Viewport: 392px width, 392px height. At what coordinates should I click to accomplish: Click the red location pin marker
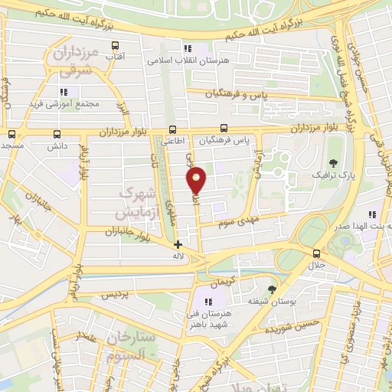197,180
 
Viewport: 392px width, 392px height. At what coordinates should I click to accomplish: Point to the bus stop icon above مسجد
11,133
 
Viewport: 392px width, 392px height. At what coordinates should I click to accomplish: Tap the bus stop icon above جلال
315,253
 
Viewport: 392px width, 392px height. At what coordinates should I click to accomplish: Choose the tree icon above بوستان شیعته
272,289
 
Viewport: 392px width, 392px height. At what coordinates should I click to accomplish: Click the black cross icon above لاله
178,245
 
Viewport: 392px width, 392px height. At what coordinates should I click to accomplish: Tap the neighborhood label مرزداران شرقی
72,62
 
